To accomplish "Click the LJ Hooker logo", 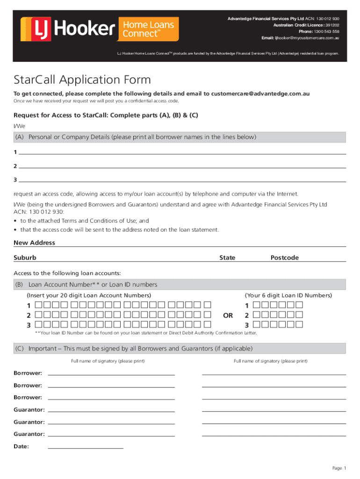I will tap(68, 29).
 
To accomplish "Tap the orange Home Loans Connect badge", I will tap(149, 29).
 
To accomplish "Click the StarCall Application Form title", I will tap(82, 80).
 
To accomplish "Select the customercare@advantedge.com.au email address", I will tap(260, 94).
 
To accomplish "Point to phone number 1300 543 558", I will tap(325, 31).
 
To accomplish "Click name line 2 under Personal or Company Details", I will tap(182, 167).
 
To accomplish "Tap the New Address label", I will tap(34, 243).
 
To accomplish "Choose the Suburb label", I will tap(25, 258).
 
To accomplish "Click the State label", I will tap(227, 258).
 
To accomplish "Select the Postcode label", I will tap(284, 258).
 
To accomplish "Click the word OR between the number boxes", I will tap(228, 315).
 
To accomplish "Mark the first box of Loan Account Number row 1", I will tap(38, 305).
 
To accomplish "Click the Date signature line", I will tap(86, 448).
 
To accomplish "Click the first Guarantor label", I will tap(29, 410).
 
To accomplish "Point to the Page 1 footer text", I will tap(339, 468).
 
